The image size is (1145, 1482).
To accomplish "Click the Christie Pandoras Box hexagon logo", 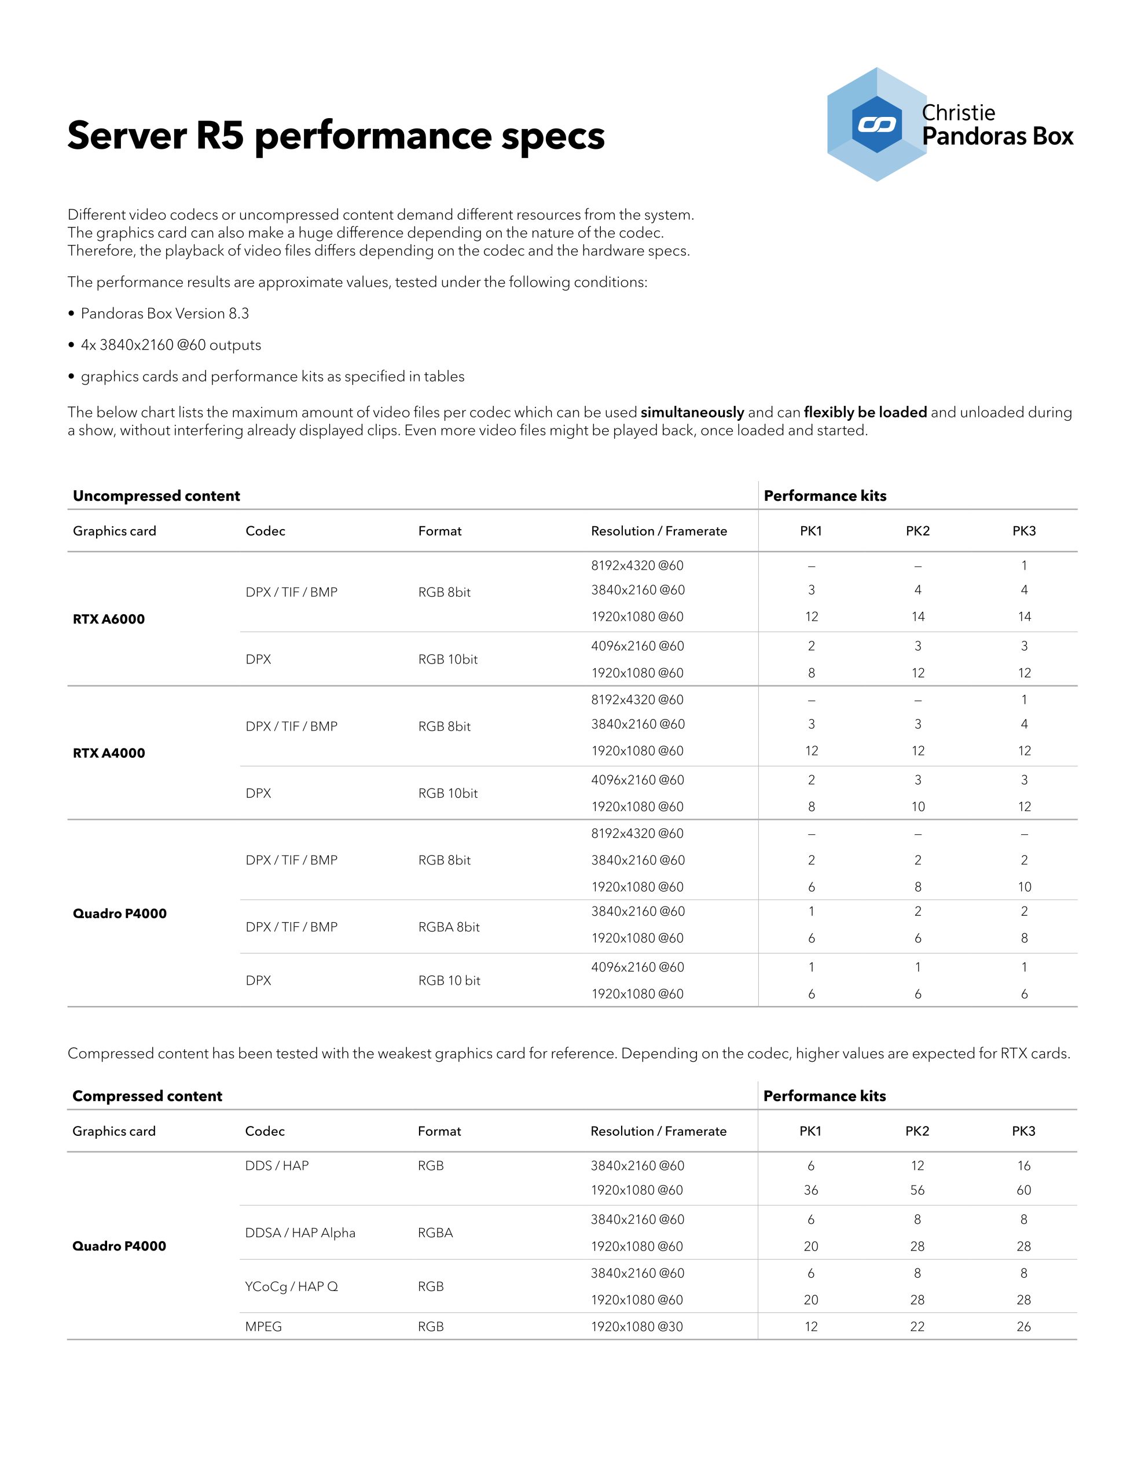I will (876, 124).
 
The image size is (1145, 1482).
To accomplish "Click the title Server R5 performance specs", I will (335, 135).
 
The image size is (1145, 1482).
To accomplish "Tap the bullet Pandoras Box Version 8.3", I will (164, 314).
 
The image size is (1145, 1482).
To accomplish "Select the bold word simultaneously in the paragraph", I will (692, 413).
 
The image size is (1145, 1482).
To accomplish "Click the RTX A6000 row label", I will (109, 619).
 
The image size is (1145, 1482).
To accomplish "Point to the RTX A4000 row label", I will (109, 753).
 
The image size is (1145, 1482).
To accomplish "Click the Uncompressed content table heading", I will (156, 496).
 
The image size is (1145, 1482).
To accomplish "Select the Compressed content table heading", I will (147, 1096).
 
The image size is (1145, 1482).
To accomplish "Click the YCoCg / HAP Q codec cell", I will (291, 1286).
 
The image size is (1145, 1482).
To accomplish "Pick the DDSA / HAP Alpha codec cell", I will (300, 1233).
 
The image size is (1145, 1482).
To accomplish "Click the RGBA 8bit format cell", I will (449, 927).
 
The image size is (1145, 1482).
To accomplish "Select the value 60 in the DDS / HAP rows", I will (1023, 1190).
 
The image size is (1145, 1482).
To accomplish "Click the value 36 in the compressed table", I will (810, 1190).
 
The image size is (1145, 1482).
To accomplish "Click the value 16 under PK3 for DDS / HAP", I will (1023, 1166).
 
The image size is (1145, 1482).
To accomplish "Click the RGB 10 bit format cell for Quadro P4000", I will (449, 981).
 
